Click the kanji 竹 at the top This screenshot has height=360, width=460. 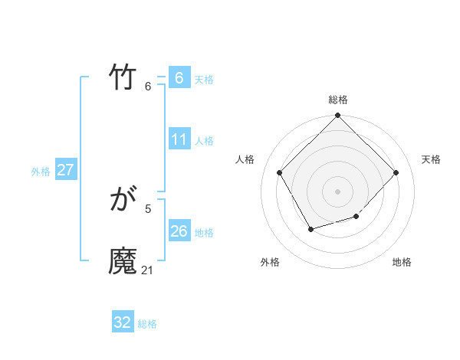123,77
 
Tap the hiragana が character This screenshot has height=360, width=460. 123,201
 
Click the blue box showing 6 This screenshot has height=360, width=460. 179,77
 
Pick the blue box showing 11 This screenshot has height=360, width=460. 179,139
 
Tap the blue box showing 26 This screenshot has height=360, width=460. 179,231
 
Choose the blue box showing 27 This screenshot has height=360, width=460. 65,170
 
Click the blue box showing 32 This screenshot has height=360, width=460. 123,322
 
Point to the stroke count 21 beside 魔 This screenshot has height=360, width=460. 148,270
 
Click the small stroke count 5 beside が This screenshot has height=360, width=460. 148,208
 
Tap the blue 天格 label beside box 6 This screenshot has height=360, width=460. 204,79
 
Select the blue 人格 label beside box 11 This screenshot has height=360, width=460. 204,141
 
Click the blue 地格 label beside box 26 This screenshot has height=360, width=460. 204,233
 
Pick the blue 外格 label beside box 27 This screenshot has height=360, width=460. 41,172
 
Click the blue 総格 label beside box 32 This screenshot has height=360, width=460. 147,324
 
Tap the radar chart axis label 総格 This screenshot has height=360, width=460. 338,100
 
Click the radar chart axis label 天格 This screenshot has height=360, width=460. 431,159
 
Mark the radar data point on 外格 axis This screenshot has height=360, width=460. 310,229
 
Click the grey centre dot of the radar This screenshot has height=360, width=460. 338,191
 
